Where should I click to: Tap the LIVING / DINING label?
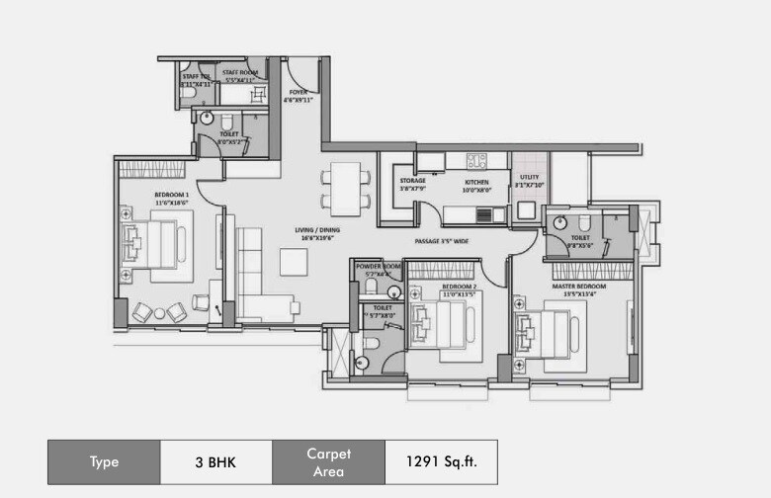[x=314, y=233]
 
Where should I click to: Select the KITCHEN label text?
[x=477, y=183]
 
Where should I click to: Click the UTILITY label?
[x=528, y=181]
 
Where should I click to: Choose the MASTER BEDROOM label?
[x=578, y=286]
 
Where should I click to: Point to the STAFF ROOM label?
[x=242, y=75]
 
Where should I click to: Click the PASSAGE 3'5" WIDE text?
[x=441, y=240]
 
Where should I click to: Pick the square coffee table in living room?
[x=295, y=262]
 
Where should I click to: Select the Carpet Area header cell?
[x=328, y=461]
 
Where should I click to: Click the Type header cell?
[x=104, y=461]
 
